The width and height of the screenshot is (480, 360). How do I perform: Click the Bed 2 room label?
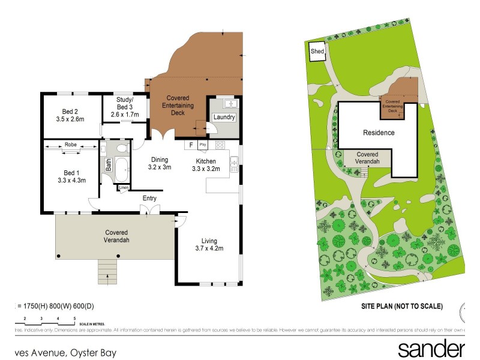coord(70,111)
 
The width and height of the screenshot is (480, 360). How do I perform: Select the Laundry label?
coord(223,118)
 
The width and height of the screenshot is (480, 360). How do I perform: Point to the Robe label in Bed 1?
coord(71,144)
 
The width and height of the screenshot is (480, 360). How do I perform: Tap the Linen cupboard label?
coord(124,188)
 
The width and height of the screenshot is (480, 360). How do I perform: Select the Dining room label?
coord(159,160)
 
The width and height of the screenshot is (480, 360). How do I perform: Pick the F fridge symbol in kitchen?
coord(191,145)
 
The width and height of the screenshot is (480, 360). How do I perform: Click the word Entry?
coord(149,198)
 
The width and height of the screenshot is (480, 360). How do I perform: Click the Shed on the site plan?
coord(317,52)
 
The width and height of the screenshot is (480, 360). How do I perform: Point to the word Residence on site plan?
coord(379,133)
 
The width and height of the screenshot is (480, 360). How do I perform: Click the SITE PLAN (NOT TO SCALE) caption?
coord(401,306)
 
